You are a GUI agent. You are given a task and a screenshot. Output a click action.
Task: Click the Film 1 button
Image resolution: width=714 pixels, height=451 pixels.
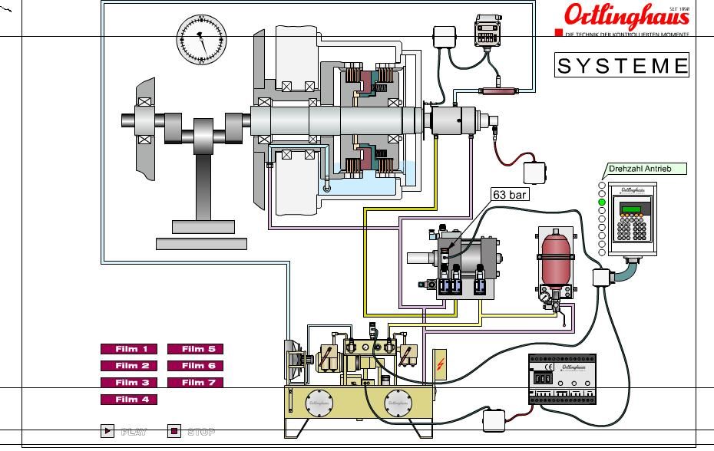[x=129, y=349]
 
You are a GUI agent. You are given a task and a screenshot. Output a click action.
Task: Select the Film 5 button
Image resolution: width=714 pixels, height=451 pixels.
[x=195, y=349]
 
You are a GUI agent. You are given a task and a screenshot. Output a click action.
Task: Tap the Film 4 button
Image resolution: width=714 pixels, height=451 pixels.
[x=129, y=400]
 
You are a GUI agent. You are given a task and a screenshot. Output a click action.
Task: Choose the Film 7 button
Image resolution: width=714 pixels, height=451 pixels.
[x=195, y=383]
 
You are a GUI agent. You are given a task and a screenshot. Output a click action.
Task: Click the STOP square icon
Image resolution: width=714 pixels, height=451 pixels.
[x=174, y=431]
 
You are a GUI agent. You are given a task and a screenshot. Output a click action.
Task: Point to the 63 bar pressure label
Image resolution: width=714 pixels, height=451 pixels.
[x=510, y=195]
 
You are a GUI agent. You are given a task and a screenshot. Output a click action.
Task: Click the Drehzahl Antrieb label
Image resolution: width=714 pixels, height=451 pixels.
[x=645, y=169]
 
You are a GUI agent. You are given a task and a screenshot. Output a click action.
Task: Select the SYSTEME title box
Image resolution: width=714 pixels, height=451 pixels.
[x=622, y=65]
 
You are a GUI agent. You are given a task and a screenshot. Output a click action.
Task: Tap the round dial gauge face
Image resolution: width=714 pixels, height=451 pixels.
[x=202, y=39]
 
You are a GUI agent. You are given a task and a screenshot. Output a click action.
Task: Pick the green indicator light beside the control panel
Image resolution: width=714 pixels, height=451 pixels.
[x=602, y=202]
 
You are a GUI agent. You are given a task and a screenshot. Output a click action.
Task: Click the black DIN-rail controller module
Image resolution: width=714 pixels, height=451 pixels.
[x=562, y=379]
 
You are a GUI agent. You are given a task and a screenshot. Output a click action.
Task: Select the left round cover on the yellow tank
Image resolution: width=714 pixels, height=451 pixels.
[x=318, y=403]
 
